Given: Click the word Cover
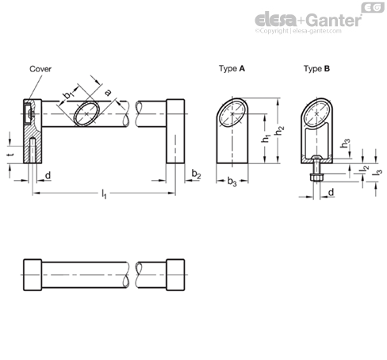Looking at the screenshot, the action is [x=40, y=69].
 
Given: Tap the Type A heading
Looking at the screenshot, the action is [x=232, y=69].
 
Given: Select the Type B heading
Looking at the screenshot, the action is [x=316, y=69].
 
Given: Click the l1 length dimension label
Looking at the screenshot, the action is [x=104, y=194].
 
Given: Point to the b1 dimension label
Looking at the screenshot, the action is [x=68, y=94].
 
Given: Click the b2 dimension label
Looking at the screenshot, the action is [x=197, y=174].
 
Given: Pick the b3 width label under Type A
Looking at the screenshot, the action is [x=232, y=182].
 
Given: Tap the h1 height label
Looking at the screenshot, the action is [x=266, y=138].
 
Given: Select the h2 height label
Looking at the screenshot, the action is [x=279, y=131].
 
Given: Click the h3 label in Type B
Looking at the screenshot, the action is [x=345, y=143].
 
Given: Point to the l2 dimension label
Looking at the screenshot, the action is [x=365, y=170].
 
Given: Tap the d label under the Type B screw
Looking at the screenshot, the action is [x=331, y=192].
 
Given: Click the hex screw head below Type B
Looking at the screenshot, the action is [x=316, y=178].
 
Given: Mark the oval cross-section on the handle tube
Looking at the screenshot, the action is [x=86, y=113].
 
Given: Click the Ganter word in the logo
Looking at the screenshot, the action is [x=335, y=21].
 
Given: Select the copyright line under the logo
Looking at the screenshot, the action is [x=298, y=31].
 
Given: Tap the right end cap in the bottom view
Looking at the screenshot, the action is [x=175, y=274].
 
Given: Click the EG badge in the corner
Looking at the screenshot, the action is [x=373, y=7].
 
